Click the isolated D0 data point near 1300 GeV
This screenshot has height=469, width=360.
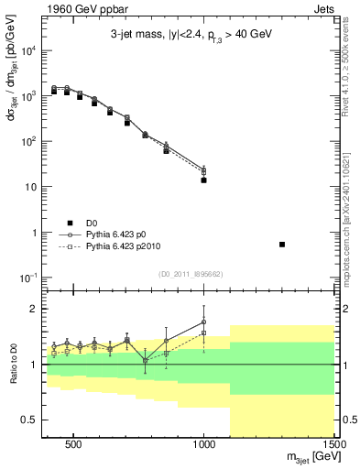[282, 245]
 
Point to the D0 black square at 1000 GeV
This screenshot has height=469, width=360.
[203, 180]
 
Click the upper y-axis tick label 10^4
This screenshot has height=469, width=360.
[29, 50]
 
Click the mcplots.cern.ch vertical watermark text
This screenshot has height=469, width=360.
[352, 220]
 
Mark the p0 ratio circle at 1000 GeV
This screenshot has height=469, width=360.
[203, 322]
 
